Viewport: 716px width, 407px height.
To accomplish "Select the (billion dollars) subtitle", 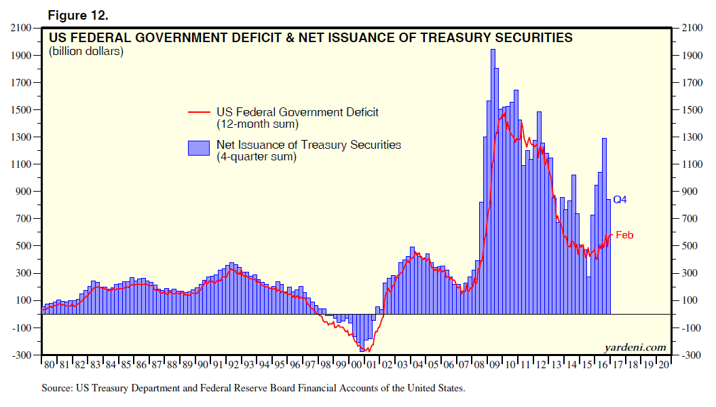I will (x=86, y=52).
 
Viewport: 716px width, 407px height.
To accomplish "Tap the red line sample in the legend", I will (x=199, y=112).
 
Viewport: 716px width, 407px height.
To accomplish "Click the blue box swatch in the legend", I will (x=199, y=148).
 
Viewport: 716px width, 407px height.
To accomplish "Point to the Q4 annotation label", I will (x=620, y=200).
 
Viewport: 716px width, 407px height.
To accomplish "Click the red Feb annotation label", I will (x=624, y=235).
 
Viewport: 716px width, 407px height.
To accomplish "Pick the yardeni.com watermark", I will (x=635, y=347).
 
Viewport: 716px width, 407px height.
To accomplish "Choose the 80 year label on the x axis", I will (x=49, y=365).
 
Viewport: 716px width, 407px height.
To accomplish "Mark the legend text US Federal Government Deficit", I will (x=297, y=112).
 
